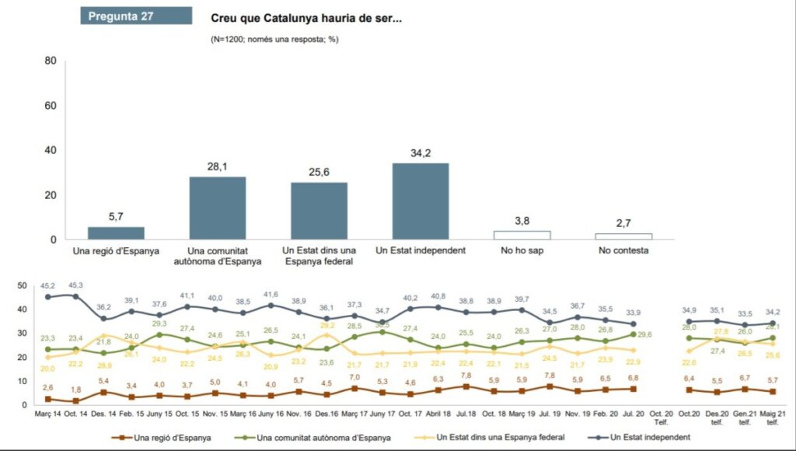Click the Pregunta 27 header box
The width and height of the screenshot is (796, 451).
[136, 16]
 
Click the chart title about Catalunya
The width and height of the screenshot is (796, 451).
[306, 17]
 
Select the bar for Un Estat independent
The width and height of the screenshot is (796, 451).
[421, 201]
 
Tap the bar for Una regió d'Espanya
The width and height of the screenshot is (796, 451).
[116, 232]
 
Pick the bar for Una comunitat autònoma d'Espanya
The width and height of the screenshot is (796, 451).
[218, 208]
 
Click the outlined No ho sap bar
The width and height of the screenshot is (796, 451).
[522, 235]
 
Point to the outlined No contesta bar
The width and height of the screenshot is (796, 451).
[623, 236]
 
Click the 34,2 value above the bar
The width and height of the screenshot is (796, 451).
[421, 152]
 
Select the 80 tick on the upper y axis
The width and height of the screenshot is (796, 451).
[51, 61]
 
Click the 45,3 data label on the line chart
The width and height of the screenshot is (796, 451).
[76, 285]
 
